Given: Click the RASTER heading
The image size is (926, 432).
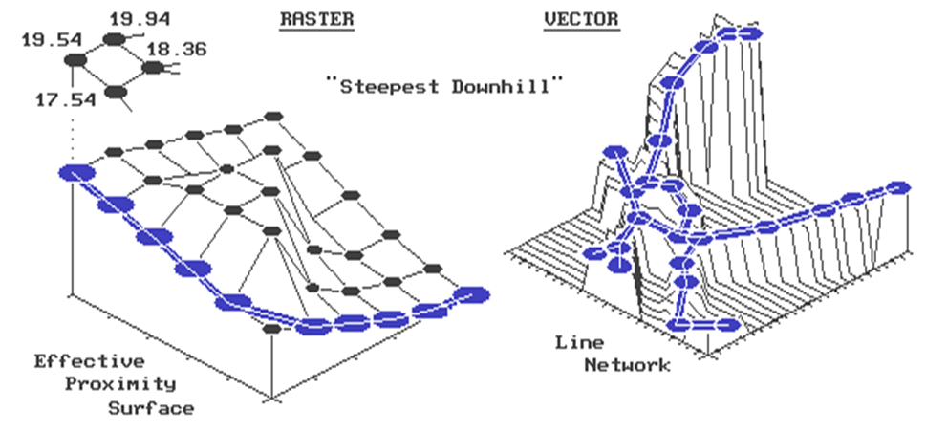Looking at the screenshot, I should coord(316,19).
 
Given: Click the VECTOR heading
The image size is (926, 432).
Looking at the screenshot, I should coord(580,19).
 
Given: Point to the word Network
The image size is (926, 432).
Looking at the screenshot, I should coord(628,364).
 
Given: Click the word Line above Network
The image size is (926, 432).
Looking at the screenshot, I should coord(578,341).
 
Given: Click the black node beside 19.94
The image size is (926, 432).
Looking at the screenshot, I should coord(116,39).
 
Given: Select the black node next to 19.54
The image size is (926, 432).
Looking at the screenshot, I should coord(76,60).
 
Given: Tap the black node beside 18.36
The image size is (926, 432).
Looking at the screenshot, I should coord(152,68).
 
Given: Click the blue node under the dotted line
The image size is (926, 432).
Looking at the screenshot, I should coord(75,172).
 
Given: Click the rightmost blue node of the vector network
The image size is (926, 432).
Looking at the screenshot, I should coord(897,186).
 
